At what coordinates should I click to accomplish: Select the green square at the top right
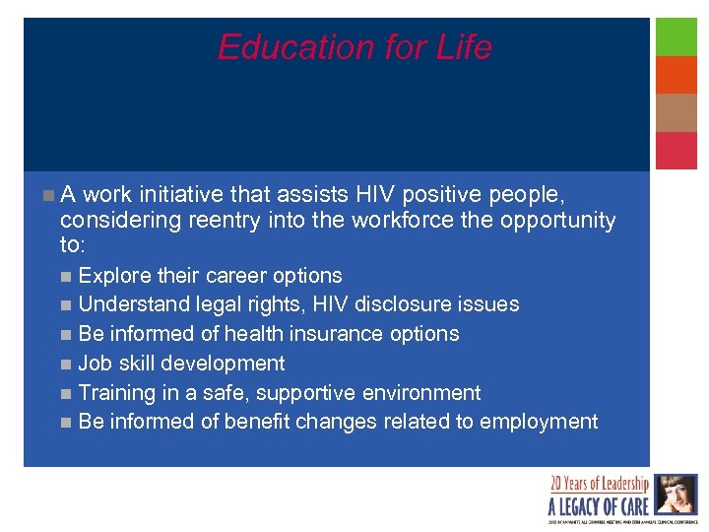click(677, 36)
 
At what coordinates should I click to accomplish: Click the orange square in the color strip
click(677, 75)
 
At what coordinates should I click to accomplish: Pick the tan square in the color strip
click(677, 112)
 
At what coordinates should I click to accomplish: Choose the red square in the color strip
click(677, 151)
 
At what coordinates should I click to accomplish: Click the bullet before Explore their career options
click(65, 276)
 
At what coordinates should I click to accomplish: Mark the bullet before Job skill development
click(65, 364)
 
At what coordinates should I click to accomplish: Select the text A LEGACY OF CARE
click(599, 506)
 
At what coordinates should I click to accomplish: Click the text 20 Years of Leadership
click(600, 484)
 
